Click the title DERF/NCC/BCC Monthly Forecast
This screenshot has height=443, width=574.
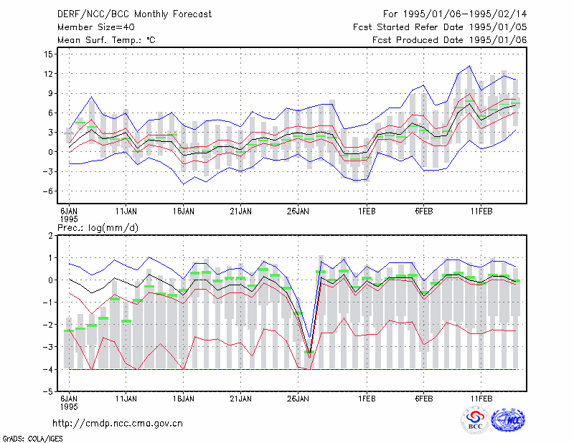(134, 14)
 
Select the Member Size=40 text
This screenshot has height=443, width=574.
(96, 27)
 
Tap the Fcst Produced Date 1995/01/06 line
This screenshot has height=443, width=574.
(449, 40)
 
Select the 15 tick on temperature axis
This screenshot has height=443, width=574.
(48, 54)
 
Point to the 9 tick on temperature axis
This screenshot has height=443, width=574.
(50, 93)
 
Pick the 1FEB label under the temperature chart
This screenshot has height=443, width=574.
(367, 211)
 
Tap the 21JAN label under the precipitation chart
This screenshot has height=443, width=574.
(240, 399)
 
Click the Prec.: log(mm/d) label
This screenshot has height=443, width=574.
(98, 228)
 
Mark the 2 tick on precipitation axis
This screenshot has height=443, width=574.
(50, 236)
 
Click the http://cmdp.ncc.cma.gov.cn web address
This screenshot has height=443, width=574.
(118, 424)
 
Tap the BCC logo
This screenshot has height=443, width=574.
(475, 421)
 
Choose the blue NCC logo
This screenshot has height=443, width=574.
(508, 420)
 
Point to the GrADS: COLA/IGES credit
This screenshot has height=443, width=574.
(32, 439)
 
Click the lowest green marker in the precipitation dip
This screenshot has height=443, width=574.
(309, 352)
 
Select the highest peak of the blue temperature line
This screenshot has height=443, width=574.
(469, 66)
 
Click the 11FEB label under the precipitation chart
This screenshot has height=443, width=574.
(481, 399)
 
